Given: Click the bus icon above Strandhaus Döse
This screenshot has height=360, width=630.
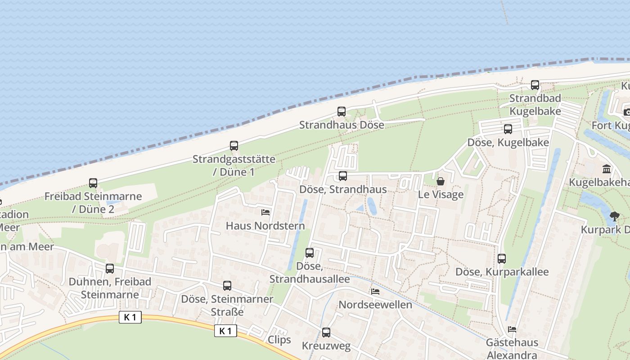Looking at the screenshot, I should click(342, 112).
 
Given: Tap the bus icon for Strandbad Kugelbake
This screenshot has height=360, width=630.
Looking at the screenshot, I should click(535, 85).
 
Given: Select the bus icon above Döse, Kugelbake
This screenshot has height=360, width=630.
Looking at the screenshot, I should click(508, 129).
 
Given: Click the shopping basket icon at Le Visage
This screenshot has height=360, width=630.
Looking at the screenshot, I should click(440, 181).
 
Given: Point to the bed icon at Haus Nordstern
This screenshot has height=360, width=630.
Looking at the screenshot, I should click(265, 212).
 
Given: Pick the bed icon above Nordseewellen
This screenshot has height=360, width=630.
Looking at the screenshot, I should click(375, 292).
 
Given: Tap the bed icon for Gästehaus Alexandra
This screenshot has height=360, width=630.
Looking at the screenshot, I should click(512, 329).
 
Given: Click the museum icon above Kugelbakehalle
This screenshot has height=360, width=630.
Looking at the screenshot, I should click(607, 169).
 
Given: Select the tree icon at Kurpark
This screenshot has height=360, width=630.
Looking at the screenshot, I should click(614, 216).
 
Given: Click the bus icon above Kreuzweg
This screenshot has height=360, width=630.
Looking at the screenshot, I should click(326, 333).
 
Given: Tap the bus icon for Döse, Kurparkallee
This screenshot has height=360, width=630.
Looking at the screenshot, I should click(502, 259).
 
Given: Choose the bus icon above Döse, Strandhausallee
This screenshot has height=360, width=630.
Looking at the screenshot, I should click(310, 253).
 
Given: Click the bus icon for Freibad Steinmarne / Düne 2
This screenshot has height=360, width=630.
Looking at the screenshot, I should click(93, 183).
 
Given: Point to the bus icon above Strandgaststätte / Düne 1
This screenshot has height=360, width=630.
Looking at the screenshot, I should click(234, 146).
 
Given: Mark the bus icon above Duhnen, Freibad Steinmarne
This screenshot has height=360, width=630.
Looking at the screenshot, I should click(110, 269).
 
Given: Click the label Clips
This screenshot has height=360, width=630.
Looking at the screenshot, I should click(279, 340).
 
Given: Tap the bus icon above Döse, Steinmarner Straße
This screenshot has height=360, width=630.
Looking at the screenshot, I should click(227, 286).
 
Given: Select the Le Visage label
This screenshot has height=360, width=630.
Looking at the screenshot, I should click(441, 195).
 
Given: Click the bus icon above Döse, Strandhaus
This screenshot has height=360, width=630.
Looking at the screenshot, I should click(343, 176).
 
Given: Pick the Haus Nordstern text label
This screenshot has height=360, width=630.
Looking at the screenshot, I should click(265, 225).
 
